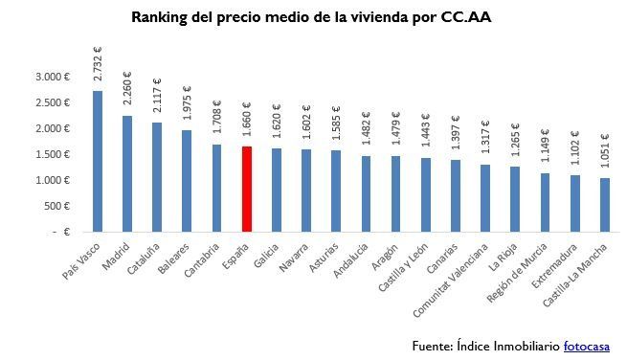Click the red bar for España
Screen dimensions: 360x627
click(x=246, y=189)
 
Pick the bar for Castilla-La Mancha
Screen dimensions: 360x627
click(x=604, y=204)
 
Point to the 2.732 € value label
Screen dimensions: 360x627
click(x=98, y=65)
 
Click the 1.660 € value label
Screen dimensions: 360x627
click(x=246, y=122)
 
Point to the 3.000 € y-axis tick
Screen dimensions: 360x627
click(x=52, y=77)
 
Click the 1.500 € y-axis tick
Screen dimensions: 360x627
click(x=52, y=154)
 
